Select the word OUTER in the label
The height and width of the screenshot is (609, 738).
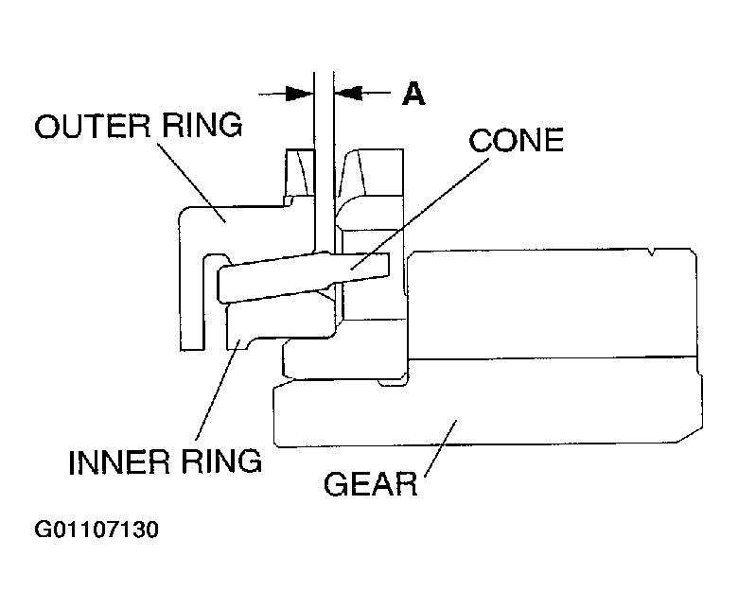(x=88, y=127)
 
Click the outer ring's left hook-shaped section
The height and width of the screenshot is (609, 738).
(x=194, y=284)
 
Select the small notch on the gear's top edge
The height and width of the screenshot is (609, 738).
(x=652, y=252)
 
